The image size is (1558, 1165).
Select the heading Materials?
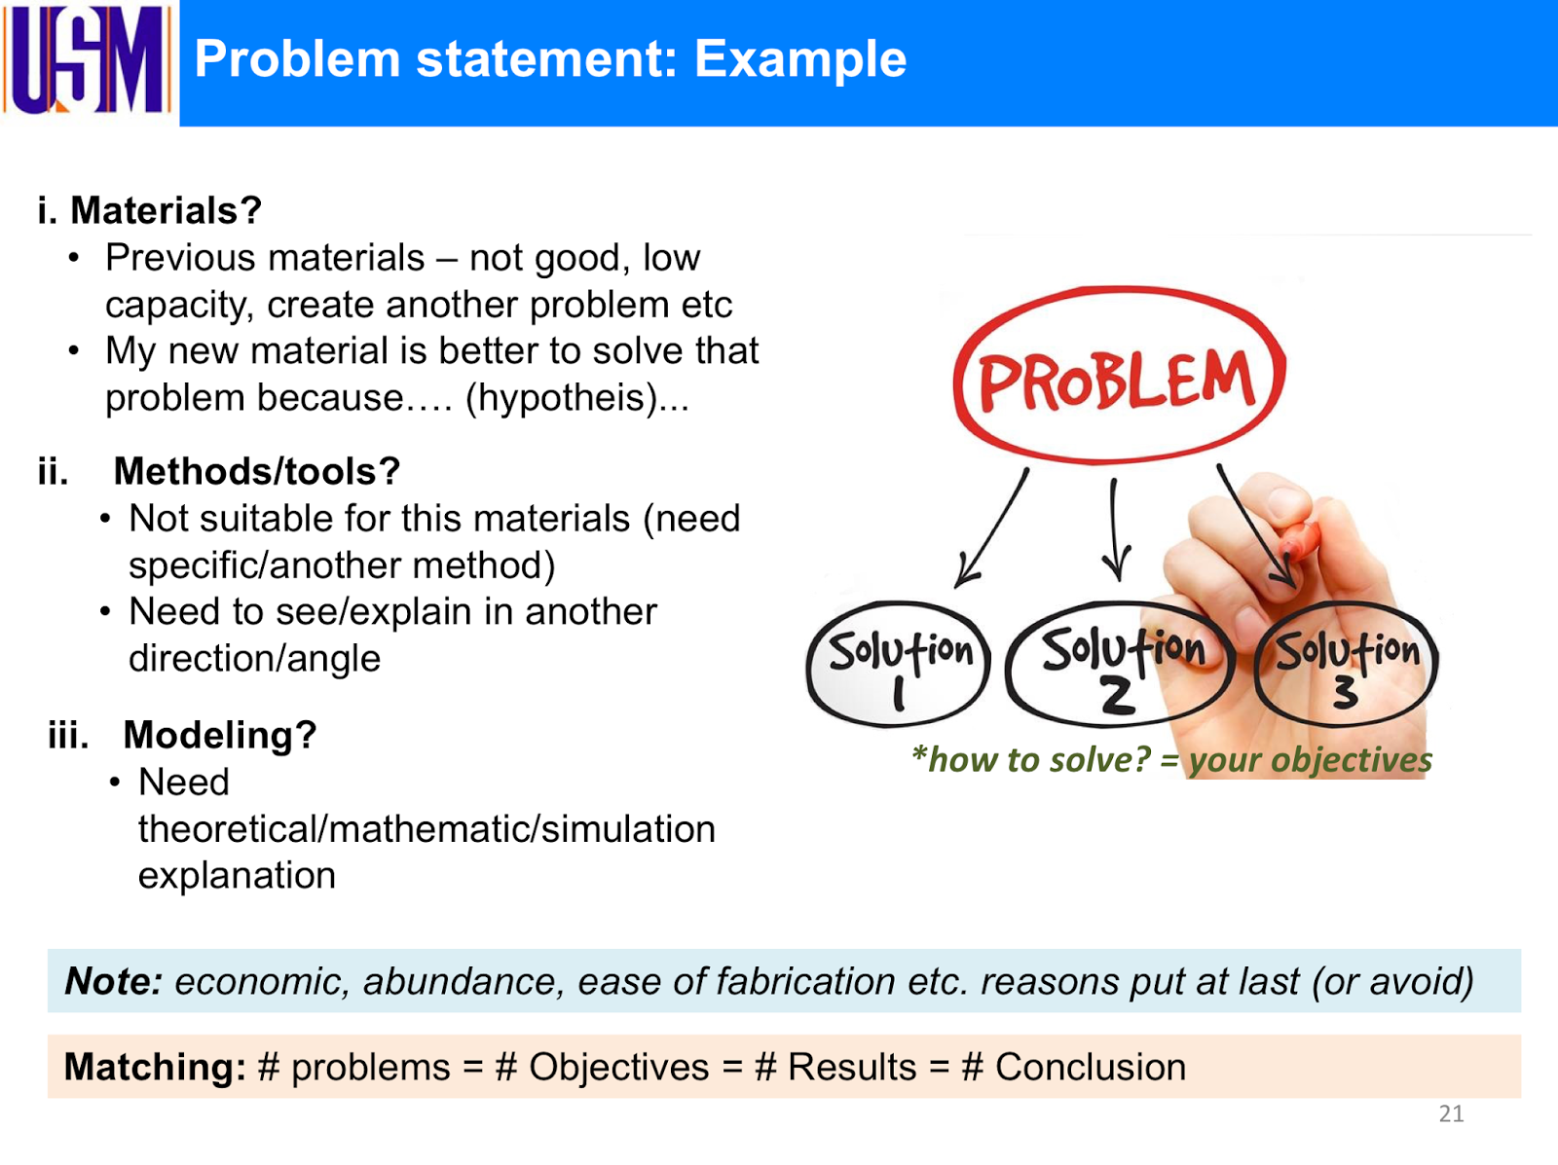[x=166, y=210]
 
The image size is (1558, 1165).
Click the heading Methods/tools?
[x=257, y=471]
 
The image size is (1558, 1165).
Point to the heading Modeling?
[x=220, y=735]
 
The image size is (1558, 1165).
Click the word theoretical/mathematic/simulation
[x=427, y=829]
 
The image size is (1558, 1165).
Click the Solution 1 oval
[x=899, y=665]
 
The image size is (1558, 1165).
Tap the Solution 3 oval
[x=1347, y=665]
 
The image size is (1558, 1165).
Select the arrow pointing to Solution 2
[x=1115, y=530]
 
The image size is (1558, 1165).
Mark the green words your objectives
[x=1310, y=760]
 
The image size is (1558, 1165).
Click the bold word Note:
[x=113, y=981]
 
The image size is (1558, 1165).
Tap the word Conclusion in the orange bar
[x=1090, y=1068]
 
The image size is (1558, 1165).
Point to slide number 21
[x=1451, y=1114]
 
